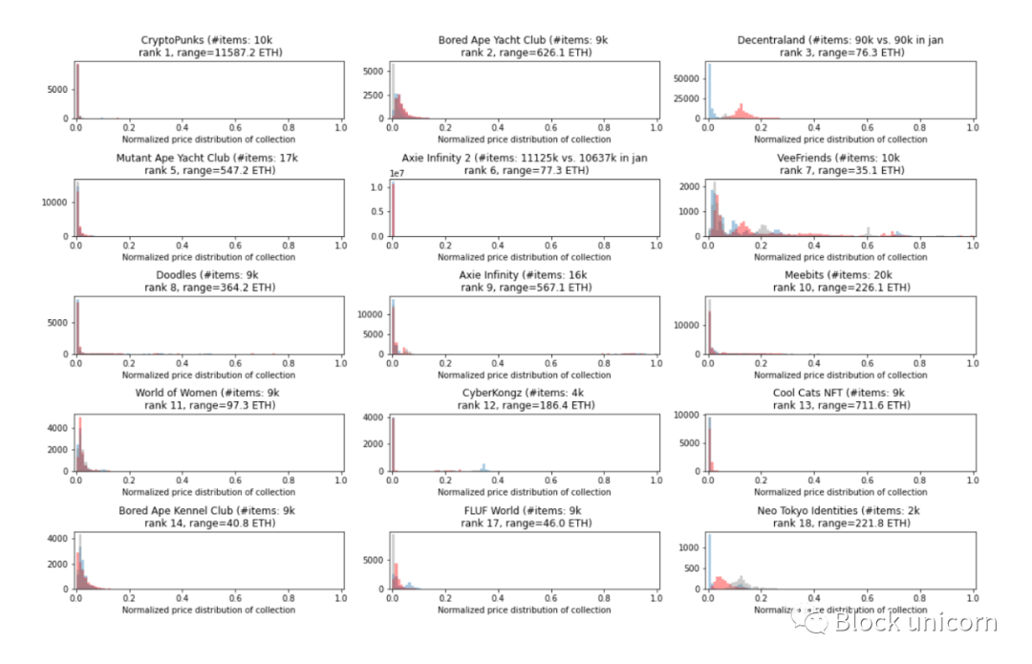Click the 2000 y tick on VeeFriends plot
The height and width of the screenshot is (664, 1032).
[690, 187]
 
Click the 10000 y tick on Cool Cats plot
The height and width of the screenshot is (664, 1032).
[686, 416]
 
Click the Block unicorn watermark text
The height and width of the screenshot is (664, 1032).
[914, 623]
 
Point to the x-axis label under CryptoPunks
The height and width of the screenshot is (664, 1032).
[209, 139]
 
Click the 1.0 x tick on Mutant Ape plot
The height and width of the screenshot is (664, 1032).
[342, 245]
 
